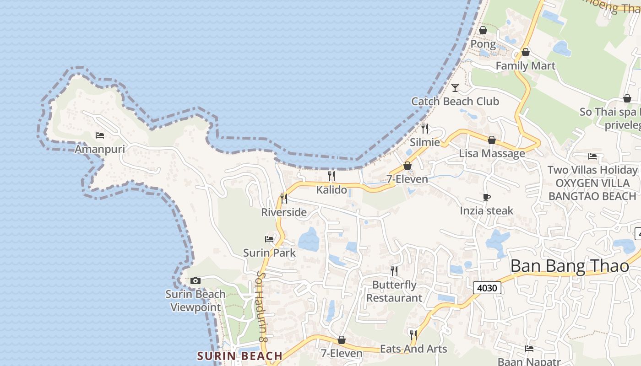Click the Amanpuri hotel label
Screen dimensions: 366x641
click(x=100, y=149)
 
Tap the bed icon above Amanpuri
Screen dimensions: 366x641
click(x=100, y=135)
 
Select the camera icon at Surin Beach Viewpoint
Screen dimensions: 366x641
click(x=196, y=280)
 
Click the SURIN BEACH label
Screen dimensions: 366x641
click(x=240, y=356)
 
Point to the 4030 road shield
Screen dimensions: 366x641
click(x=487, y=288)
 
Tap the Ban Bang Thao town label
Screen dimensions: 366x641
click(x=570, y=266)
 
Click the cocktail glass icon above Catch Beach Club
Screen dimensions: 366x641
click(x=455, y=87)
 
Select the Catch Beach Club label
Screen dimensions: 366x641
click(x=455, y=101)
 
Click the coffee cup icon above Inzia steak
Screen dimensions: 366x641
click(x=487, y=197)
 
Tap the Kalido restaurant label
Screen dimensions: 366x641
click(x=331, y=189)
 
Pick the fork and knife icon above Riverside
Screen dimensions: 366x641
click(x=284, y=198)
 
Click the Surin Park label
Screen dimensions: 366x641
click(x=269, y=253)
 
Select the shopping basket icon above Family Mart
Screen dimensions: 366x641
click(x=526, y=52)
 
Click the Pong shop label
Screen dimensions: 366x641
click(x=483, y=44)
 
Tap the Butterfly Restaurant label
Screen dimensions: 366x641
click(x=394, y=291)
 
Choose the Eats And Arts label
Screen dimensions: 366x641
click(x=413, y=349)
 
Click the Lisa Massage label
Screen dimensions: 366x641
click(x=492, y=153)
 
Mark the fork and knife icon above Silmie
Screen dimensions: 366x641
click(x=425, y=128)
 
